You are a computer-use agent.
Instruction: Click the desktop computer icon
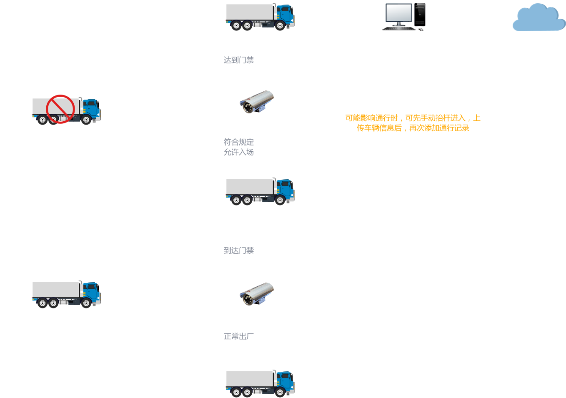[x=404, y=17]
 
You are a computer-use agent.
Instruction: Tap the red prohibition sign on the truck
[x=60, y=109]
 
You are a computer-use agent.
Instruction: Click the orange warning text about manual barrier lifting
[x=413, y=123]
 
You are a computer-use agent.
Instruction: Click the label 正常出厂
[x=238, y=336]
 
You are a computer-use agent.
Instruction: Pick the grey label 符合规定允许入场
[x=238, y=147]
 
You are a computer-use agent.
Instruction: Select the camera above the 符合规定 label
[x=257, y=101]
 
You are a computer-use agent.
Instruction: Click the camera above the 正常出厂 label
[x=257, y=293]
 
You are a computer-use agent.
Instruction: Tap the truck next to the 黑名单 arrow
[x=67, y=294]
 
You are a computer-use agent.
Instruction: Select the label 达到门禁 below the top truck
[x=238, y=60]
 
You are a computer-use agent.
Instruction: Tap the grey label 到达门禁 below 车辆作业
[x=238, y=250]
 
